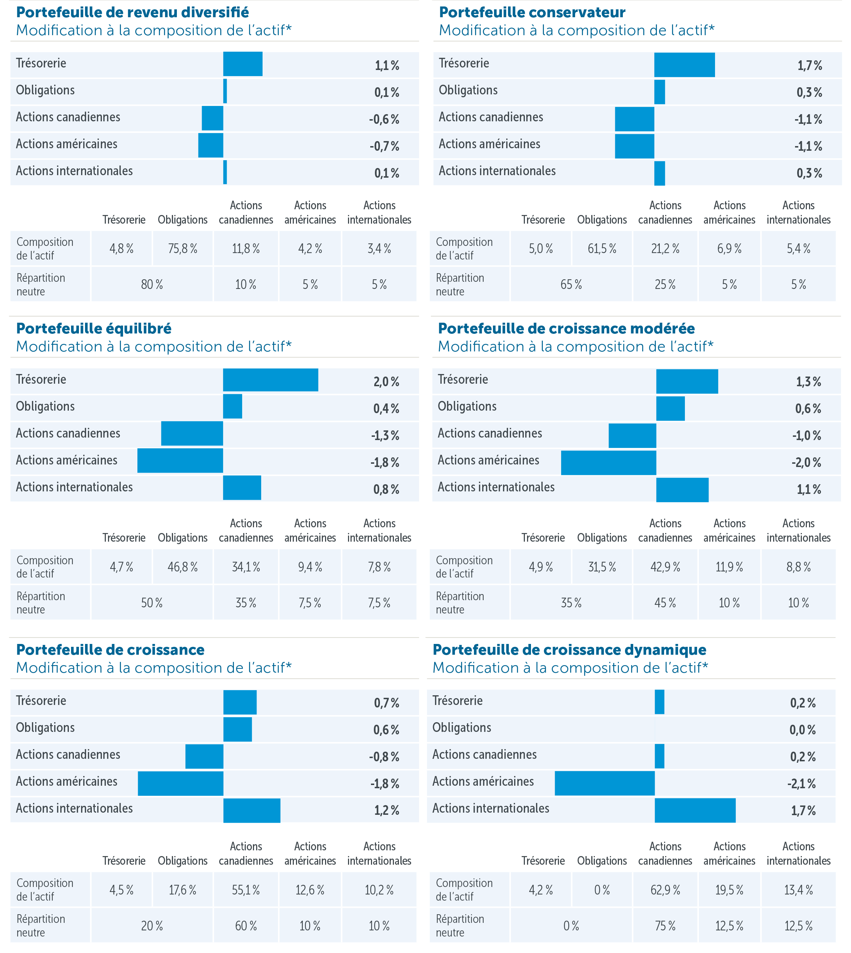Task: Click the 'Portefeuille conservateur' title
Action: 532,13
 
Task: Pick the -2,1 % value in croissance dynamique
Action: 803,784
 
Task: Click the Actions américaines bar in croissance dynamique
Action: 605,783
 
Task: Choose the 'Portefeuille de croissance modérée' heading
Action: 566,329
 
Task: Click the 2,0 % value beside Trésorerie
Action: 386,382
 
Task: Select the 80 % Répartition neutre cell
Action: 152,284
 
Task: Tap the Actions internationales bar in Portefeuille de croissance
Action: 251,810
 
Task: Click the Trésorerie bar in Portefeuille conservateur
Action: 684,65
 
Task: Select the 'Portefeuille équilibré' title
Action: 94,329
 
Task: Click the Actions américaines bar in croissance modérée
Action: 608,463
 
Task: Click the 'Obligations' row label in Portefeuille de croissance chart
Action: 45,728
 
